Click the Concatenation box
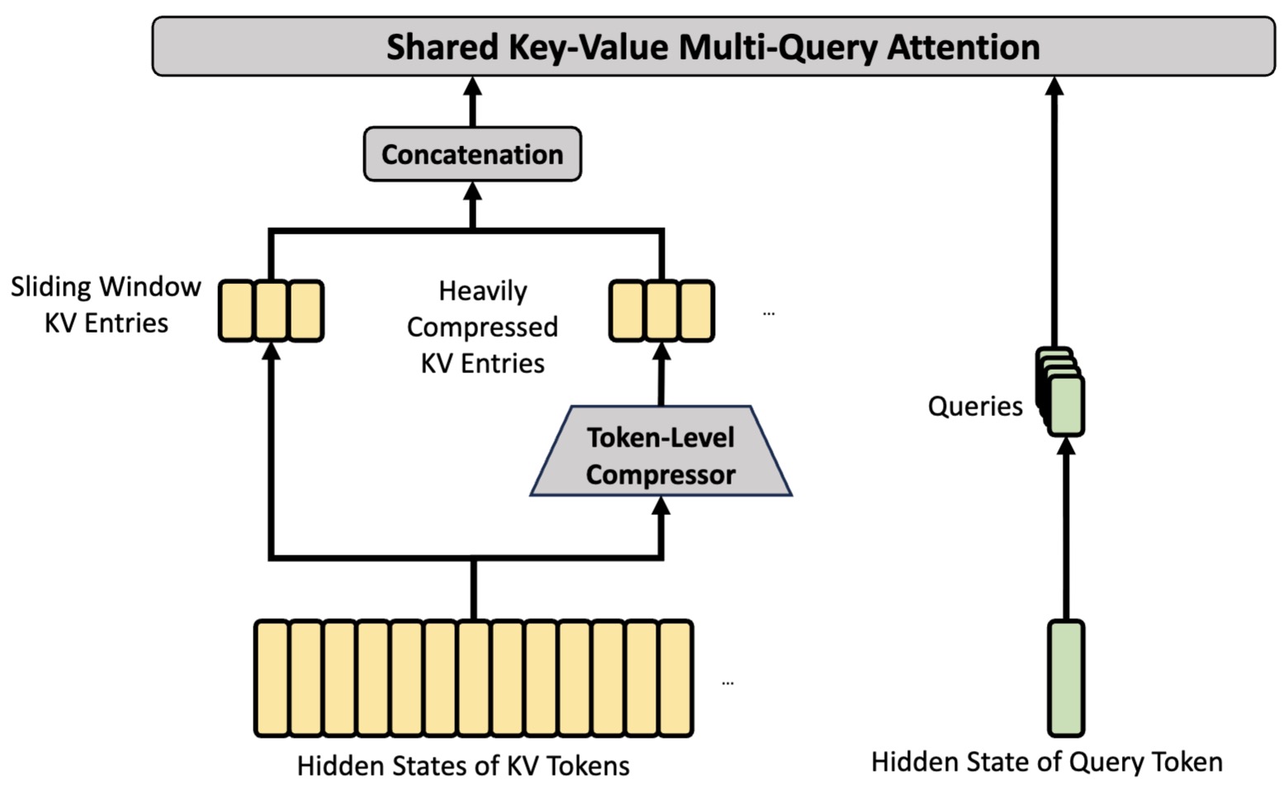click(x=472, y=154)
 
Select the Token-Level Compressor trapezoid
click(x=661, y=451)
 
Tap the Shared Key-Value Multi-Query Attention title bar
click(x=713, y=46)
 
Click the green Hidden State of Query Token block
click(x=1066, y=678)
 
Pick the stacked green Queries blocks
click(x=1060, y=391)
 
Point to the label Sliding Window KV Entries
click(x=106, y=304)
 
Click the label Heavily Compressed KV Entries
click(x=482, y=327)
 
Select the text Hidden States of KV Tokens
click(x=463, y=766)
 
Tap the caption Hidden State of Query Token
click(x=1047, y=763)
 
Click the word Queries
click(x=975, y=406)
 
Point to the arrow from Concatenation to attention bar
click(x=472, y=102)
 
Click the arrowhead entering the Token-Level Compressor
click(x=661, y=506)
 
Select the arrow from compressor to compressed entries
click(x=661, y=374)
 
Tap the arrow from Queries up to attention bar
click(x=1054, y=211)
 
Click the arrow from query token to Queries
click(x=1066, y=528)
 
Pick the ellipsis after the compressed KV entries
click(x=769, y=314)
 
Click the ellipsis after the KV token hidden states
click(x=727, y=683)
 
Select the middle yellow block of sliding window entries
click(x=271, y=311)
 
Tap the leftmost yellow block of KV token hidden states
click(x=272, y=678)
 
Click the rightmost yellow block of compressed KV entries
click(x=697, y=311)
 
